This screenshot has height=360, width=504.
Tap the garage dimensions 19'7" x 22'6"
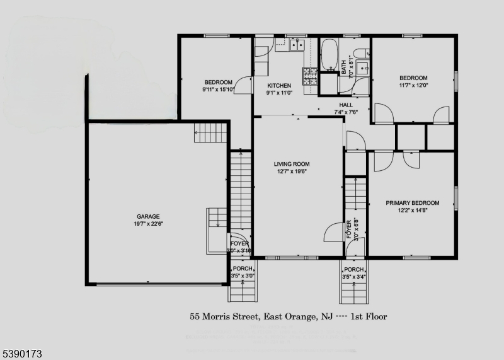pos(149,223)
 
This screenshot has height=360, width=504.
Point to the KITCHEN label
pos(279,86)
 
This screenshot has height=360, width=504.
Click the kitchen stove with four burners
pos(310,76)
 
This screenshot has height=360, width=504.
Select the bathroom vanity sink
pos(363,69)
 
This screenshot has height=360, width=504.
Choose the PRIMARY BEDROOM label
pos(413,203)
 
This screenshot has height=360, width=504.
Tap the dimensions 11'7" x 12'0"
pos(413,85)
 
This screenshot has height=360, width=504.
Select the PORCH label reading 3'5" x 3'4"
pos(354,272)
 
